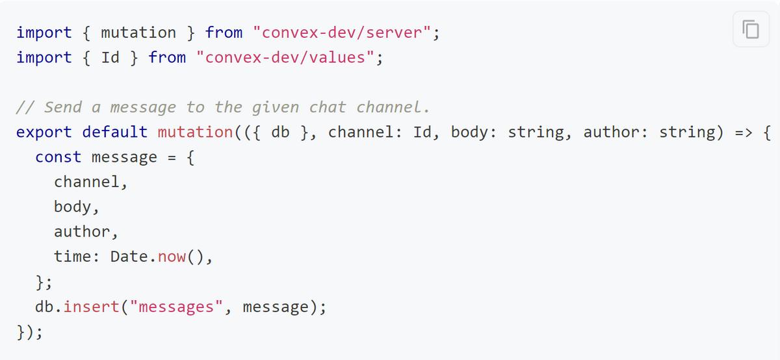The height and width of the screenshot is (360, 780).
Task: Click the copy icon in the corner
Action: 751,29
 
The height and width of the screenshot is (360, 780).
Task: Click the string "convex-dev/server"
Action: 342,32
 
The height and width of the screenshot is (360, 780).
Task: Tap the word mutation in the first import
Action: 138,32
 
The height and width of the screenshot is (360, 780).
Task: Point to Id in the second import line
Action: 110,57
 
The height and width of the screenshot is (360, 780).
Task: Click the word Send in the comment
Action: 62,107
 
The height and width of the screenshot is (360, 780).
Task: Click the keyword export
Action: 44,133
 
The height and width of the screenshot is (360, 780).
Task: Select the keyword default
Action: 115,132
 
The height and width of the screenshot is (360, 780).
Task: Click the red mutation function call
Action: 195,132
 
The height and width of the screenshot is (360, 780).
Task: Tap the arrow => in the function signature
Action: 744,133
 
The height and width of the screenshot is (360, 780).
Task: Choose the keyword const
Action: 58,157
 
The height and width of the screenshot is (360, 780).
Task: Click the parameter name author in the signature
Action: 612,132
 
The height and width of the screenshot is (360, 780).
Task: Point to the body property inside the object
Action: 72,207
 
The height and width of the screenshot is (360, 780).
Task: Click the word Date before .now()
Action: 129,257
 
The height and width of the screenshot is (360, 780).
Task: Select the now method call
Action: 172,257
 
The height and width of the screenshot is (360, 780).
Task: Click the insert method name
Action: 91,306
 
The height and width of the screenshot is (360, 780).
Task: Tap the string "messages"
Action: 176,306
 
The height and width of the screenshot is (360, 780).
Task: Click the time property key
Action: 72,257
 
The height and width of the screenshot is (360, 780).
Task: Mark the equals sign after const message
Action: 172,157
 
